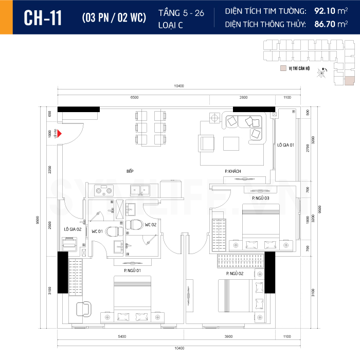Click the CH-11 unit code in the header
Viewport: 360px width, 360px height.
[x=43, y=17]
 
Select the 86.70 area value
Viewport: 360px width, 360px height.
[x=326, y=24]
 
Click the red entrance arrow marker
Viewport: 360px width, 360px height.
[x=60, y=134]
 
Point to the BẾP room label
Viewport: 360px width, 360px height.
[x=130, y=170]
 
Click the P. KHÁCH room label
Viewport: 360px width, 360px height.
[x=232, y=171]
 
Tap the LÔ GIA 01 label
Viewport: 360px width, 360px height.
[x=285, y=146]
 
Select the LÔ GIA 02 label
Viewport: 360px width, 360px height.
[x=73, y=228]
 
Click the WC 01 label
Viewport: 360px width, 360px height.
[x=98, y=231]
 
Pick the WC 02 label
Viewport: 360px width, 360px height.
[x=151, y=225]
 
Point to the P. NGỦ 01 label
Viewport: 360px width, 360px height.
[x=132, y=270]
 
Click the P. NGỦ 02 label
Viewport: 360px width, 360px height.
[x=234, y=274]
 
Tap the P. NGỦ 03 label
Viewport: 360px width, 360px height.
[x=261, y=198]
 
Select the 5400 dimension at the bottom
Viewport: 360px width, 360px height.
[x=121, y=336]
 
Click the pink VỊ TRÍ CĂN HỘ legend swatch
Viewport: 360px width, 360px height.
[x=282, y=68]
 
